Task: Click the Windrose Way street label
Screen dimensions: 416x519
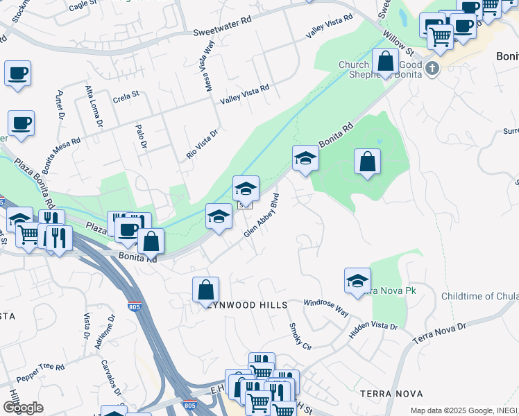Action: coord(326,308)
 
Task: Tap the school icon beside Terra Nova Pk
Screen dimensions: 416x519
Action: coord(357,281)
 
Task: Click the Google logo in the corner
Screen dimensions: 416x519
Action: coord(23,407)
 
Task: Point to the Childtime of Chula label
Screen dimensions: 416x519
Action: coord(479,296)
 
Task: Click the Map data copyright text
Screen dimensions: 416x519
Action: coord(463,410)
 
